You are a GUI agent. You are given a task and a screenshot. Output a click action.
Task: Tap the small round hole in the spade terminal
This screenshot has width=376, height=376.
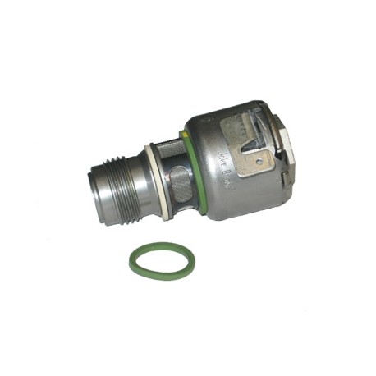[x=262, y=161]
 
